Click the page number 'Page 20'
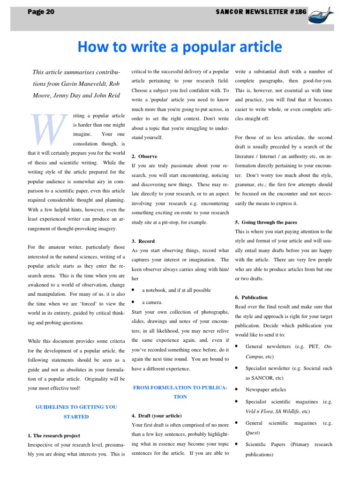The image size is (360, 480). (41, 12)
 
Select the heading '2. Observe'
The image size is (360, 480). (144, 156)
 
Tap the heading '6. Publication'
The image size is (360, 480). (251, 297)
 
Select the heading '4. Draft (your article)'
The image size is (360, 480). (157, 416)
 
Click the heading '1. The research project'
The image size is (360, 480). (53, 435)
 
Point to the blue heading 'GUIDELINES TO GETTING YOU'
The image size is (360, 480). (76, 407)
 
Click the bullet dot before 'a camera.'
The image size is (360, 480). (134, 302)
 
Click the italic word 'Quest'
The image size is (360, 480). (252, 432)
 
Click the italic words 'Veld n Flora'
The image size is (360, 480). (260, 411)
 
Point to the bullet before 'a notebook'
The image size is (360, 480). (134, 290)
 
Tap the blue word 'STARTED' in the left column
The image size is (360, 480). (76, 417)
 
